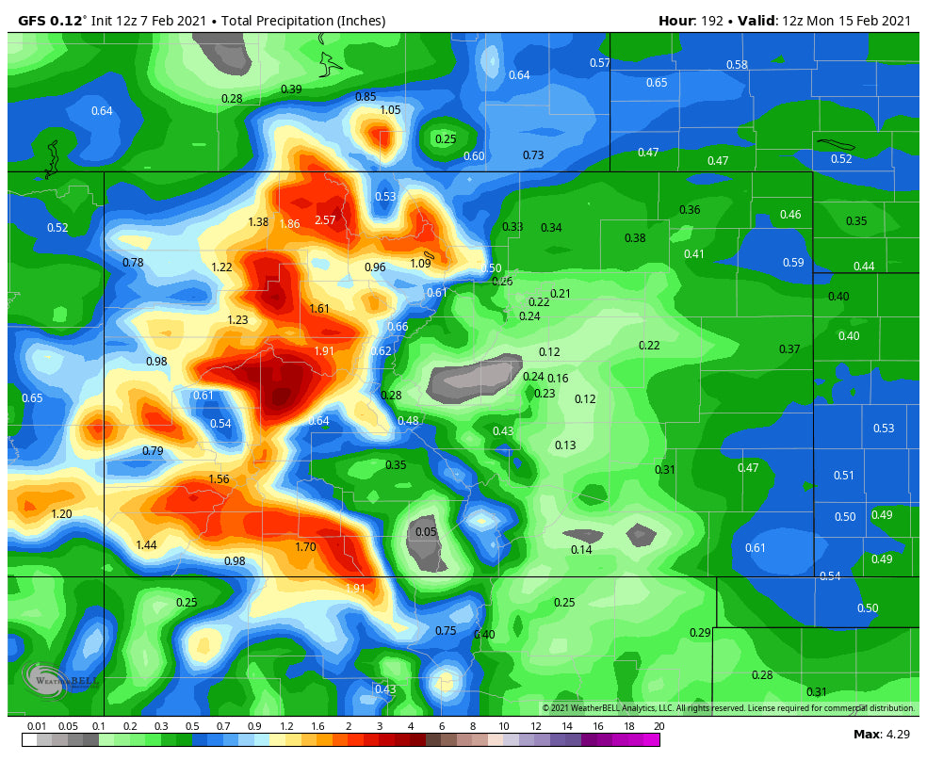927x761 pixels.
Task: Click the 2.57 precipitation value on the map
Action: (325, 220)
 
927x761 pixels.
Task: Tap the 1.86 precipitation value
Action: (289, 224)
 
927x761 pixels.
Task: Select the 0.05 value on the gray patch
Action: (426, 532)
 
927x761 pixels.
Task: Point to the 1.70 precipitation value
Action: (305, 547)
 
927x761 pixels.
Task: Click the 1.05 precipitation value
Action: (390, 110)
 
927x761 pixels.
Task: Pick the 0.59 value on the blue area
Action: (793, 263)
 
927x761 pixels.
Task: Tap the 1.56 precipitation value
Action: (219, 479)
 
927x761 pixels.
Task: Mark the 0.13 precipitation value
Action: (565, 445)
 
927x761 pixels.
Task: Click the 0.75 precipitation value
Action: (446, 631)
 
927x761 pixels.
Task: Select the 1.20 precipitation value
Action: (61, 514)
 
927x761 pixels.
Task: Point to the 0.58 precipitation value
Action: (737, 65)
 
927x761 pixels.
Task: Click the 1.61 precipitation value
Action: (319, 309)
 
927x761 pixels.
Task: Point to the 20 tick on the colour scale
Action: (659, 726)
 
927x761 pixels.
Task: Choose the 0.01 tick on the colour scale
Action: (37, 726)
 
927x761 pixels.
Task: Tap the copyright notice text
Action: (727, 708)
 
